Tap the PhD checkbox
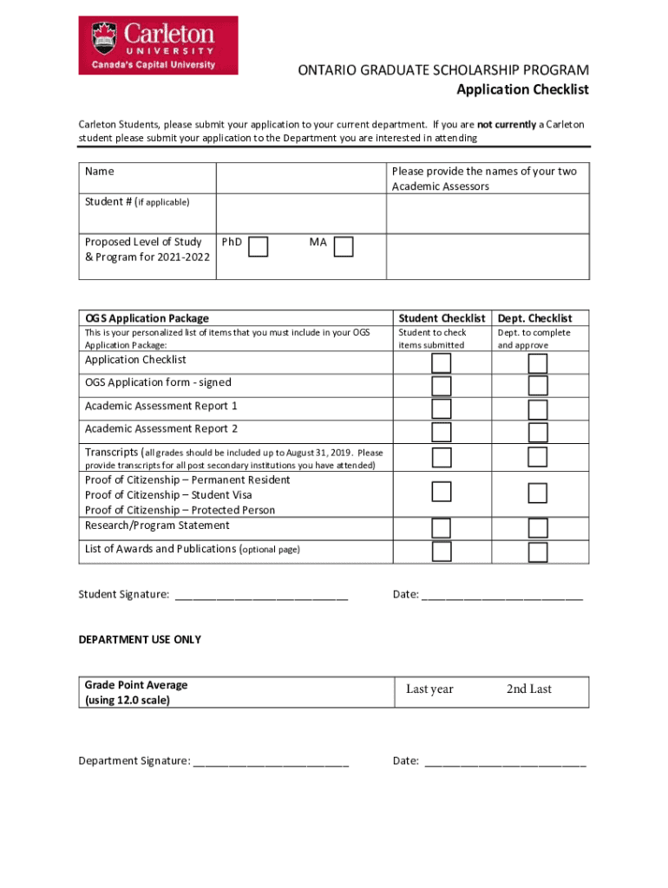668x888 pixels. (258, 247)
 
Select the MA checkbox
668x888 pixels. (344, 247)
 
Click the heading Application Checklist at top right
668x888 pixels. (523, 90)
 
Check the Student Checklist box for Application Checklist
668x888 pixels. (442, 363)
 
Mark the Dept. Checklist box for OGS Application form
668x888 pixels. (538, 386)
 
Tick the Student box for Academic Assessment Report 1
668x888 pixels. (442, 409)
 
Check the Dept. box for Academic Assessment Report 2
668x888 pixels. (538, 432)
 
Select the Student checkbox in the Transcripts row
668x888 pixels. (442, 457)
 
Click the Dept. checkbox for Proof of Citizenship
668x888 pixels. (538, 493)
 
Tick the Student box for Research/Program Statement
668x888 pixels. (442, 527)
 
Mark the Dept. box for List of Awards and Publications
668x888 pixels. (538, 552)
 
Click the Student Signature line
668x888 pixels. (261, 596)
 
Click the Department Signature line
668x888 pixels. (271, 762)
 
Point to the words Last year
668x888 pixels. (429, 689)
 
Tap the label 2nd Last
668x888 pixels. (529, 689)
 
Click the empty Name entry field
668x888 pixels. (300, 177)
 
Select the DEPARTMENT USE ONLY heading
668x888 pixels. (140, 640)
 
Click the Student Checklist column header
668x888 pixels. (441, 318)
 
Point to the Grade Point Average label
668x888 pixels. (136, 685)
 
